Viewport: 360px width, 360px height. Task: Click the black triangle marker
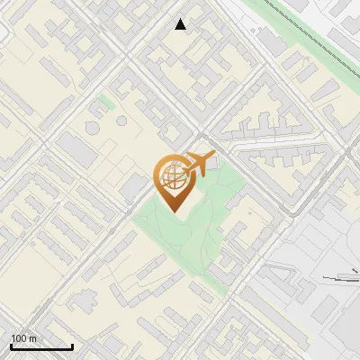click(181, 24)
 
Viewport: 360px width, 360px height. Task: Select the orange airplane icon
click(201, 163)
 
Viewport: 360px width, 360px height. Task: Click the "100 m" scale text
click(23, 338)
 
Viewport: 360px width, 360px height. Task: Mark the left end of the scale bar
click(11, 347)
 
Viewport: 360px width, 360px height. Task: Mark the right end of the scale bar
click(72, 347)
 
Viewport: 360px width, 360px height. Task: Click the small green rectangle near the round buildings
click(106, 101)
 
